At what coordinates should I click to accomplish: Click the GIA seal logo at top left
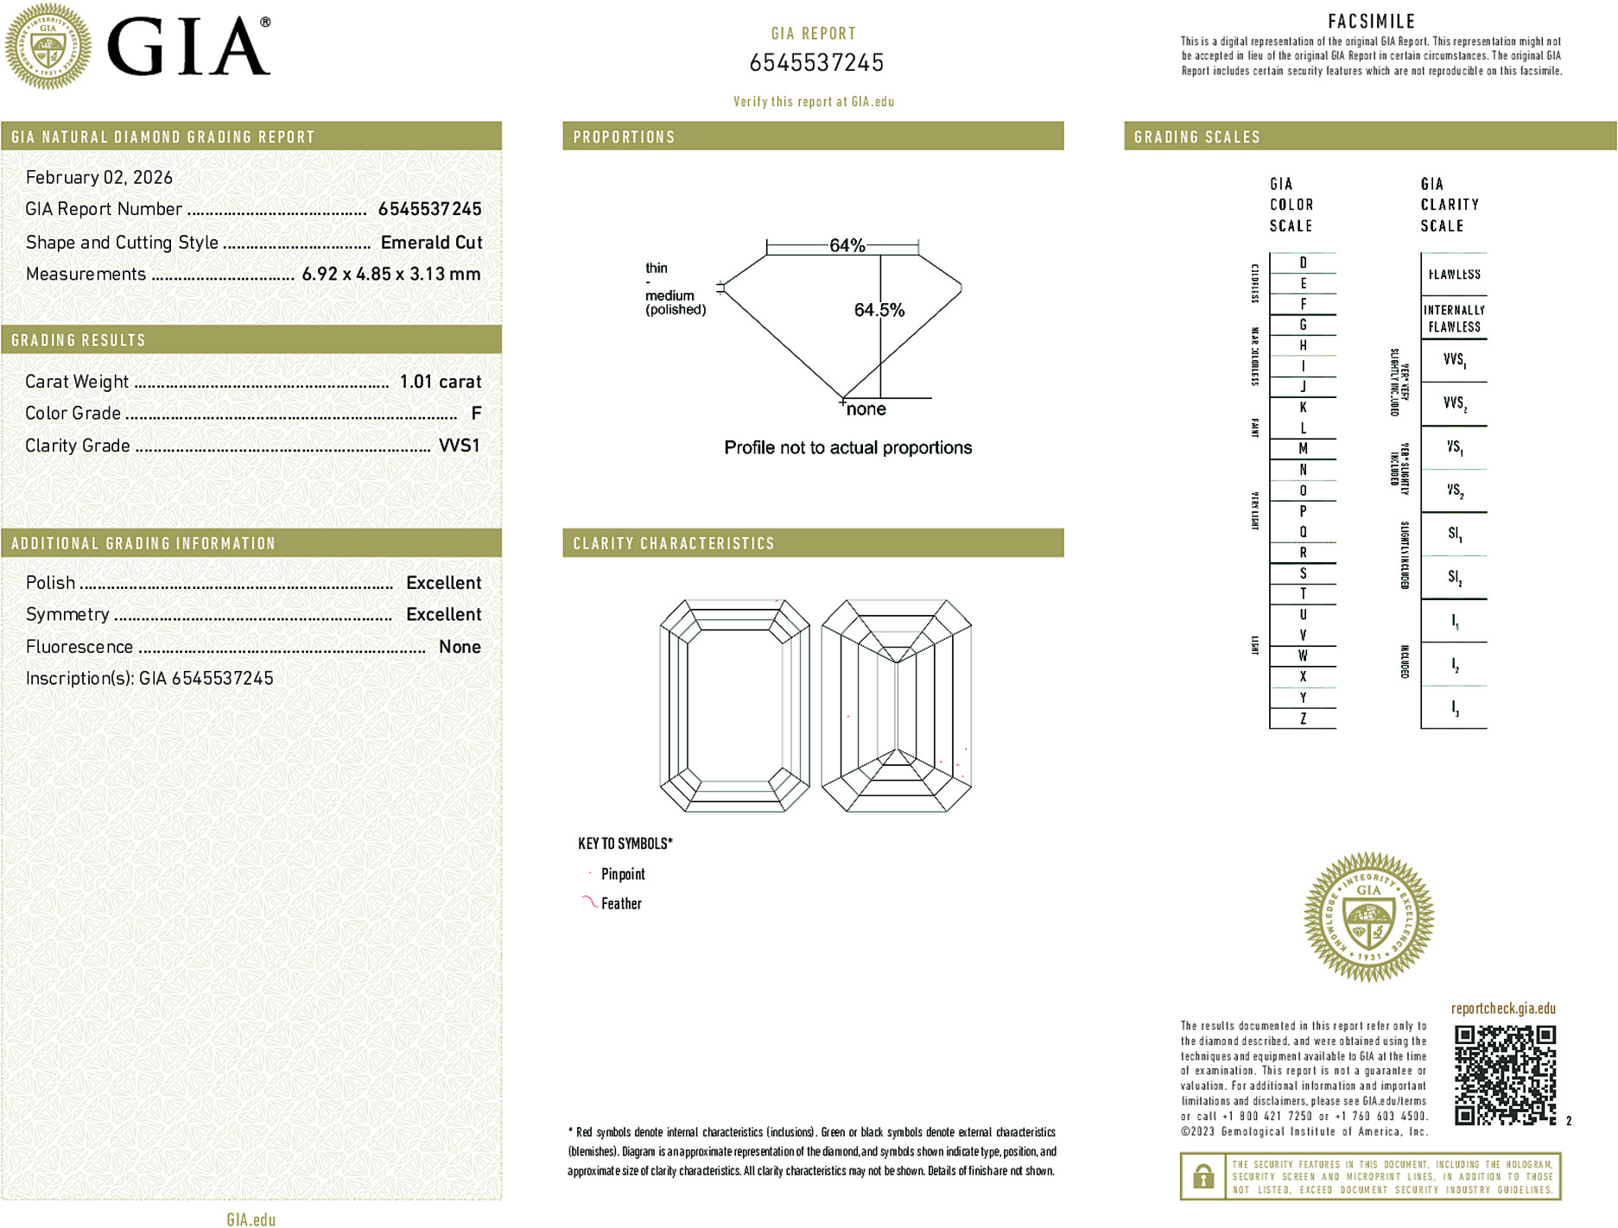click(48, 46)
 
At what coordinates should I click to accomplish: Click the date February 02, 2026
click(99, 177)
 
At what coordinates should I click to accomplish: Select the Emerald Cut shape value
click(431, 243)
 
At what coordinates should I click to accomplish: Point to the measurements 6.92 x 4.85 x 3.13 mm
click(390, 275)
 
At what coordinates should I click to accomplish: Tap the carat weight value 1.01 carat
click(440, 382)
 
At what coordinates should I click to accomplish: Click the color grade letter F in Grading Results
click(476, 414)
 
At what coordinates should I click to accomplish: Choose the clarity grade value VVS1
click(459, 446)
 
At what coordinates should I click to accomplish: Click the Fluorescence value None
click(460, 647)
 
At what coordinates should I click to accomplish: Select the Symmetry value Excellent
click(443, 615)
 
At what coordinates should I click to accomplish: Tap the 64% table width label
click(847, 245)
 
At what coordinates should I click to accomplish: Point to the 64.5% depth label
click(879, 310)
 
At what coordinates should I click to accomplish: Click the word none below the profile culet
click(866, 409)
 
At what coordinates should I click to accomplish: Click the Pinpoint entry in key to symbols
click(623, 874)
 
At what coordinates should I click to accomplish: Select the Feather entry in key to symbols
click(621, 903)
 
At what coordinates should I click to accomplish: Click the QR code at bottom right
click(1504, 1075)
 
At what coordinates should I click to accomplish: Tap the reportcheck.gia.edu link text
click(1503, 1009)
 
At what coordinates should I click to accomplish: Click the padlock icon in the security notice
click(1202, 1176)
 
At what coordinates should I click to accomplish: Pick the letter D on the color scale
click(1303, 263)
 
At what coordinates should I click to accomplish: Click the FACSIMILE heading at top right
click(1371, 22)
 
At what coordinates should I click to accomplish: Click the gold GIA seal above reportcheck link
click(1368, 917)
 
